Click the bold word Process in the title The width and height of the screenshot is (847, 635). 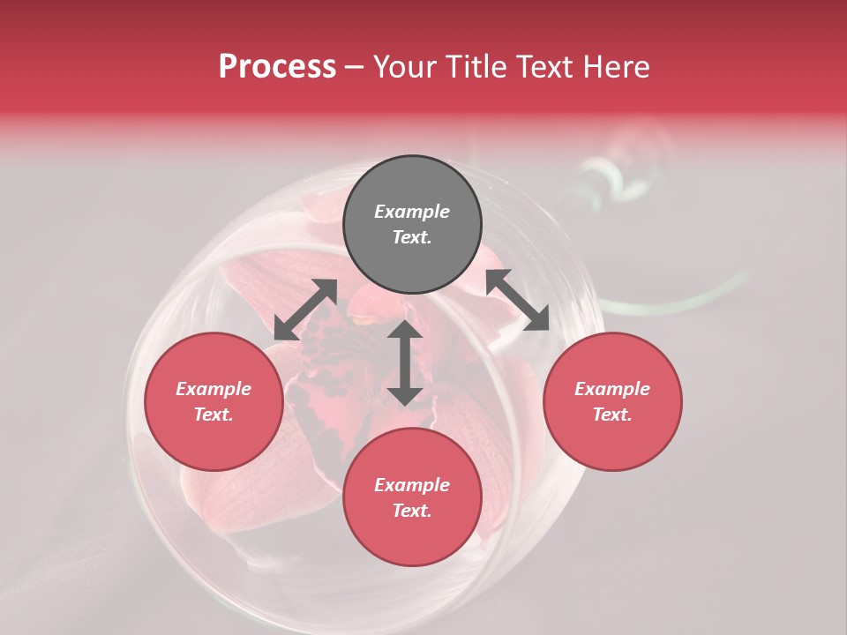[277, 67]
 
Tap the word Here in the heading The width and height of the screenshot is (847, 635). [615, 67]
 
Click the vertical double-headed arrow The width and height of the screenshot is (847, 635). [405, 362]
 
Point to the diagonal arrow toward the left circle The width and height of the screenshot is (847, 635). [305, 310]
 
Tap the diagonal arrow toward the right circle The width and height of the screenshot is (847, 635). [518, 300]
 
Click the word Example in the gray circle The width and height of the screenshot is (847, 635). [412, 212]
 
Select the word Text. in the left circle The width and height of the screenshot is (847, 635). [214, 415]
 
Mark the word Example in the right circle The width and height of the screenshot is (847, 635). [612, 389]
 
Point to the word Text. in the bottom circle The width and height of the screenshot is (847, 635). [412, 511]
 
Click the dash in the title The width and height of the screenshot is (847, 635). [355, 68]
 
